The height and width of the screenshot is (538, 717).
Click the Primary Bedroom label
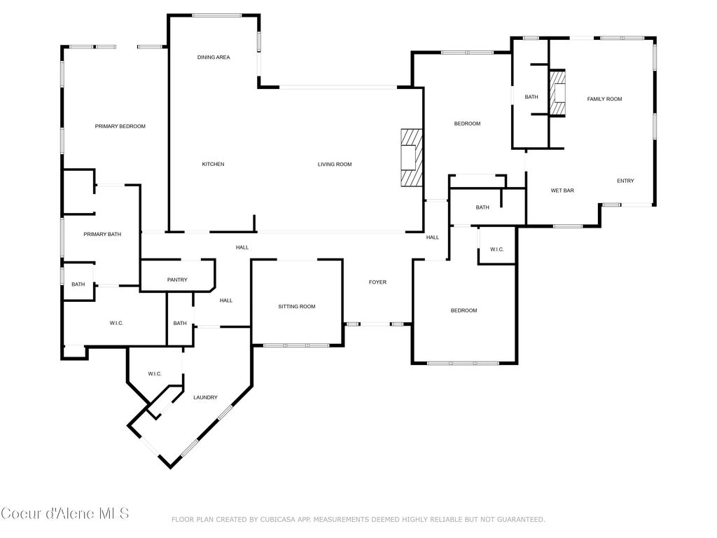coord(120,126)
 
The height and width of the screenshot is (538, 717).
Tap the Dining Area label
coord(214,57)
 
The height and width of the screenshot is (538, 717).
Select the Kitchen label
coord(213,164)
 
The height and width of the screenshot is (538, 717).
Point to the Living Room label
coord(335,164)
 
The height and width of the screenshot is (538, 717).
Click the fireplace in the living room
coord(412,158)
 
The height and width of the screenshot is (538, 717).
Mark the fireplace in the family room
coord(557,93)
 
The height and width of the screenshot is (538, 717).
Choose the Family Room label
coord(604,99)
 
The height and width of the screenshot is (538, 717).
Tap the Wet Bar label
coord(562,191)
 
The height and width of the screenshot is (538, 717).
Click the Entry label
coord(625,181)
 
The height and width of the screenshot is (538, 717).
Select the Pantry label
coord(177,280)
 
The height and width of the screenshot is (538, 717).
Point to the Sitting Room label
coord(297,307)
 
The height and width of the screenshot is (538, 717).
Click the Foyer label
coord(377,282)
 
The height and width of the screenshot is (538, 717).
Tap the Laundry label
coord(205,398)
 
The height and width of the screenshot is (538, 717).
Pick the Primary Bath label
coord(102,234)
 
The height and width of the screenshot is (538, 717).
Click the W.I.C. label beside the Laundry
coord(155,374)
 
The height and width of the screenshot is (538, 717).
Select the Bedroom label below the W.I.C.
coord(464,310)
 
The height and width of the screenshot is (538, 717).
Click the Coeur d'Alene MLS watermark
coord(65,513)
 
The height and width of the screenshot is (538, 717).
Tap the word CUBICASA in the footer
coord(278,519)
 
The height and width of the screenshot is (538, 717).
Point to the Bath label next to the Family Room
coord(531,97)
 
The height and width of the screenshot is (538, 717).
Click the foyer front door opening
coord(375,324)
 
